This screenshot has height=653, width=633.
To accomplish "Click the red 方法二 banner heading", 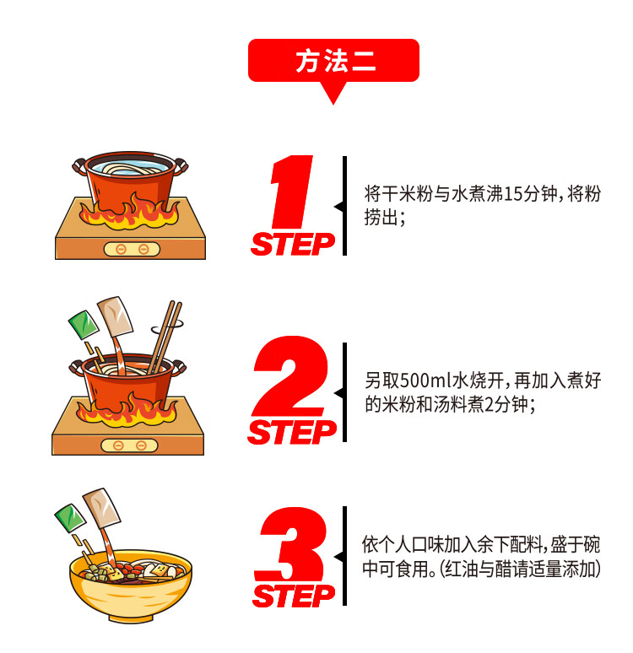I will click(x=333, y=61).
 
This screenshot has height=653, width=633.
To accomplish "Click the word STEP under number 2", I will click(x=291, y=432).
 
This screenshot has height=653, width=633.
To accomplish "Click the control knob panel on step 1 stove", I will click(x=132, y=249).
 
